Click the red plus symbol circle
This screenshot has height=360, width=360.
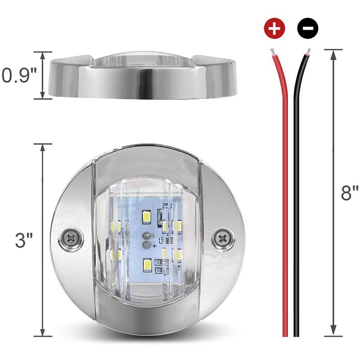tap(275, 29)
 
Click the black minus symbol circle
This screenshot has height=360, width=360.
tap(308, 29)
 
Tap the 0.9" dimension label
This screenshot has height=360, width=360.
tap(19, 75)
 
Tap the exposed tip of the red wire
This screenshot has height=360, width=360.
tap(271, 51)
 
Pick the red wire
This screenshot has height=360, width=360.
tap(284, 202)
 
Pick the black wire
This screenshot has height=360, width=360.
tap(297, 202)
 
